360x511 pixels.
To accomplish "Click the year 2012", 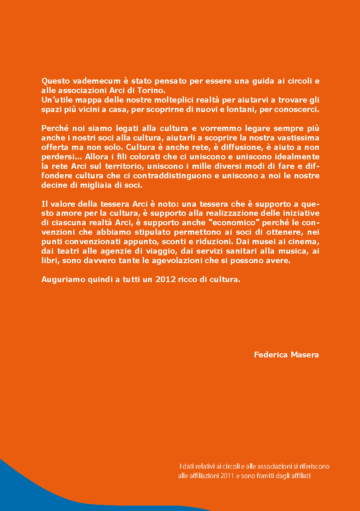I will tap(165, 279).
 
